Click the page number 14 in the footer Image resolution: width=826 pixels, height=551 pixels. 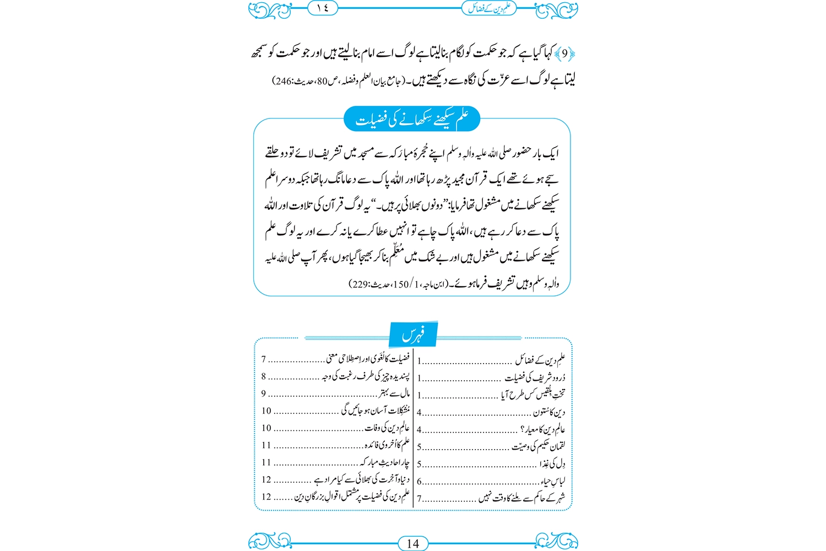412,543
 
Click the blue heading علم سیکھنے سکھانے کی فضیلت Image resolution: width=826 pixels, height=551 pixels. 412,120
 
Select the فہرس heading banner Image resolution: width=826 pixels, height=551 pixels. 412,334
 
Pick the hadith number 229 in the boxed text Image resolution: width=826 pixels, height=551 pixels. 359,284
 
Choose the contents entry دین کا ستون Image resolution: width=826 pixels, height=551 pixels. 548,412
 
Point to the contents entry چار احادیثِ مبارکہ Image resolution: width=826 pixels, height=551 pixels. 385,462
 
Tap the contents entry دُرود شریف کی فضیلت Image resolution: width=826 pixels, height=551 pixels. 535,378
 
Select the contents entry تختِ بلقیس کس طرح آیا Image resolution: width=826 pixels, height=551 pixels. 533,395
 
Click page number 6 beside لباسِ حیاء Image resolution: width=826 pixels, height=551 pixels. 419,482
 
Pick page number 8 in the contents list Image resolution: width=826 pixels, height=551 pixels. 264,376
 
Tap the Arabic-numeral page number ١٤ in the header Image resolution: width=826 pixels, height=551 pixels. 322,8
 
